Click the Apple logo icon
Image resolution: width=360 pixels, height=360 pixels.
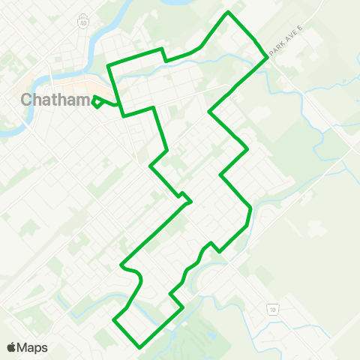coord(11,347)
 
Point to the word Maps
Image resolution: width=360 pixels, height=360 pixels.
coord(32,347)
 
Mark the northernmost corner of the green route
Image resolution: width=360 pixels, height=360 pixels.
coord(229,13)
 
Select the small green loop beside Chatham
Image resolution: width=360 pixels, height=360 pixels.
coord(97,102)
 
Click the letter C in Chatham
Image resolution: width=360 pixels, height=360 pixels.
coord(27,100)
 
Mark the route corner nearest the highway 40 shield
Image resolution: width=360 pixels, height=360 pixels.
coord(109,67)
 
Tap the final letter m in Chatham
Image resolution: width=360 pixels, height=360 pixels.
coord(82,100)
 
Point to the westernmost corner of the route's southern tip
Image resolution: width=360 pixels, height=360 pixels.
coord(113,320)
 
